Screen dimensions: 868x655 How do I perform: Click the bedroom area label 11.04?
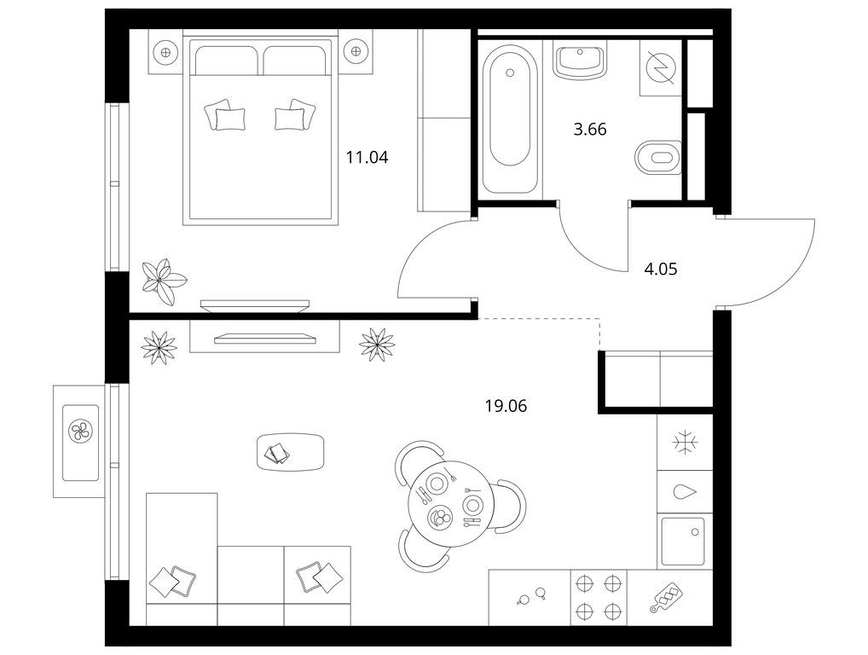(x=367, y=158)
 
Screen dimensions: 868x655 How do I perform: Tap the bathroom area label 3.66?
(x=590, y=130)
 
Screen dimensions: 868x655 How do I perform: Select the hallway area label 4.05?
(x=661, y=270)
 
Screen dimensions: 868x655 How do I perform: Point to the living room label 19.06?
(x=506, y=407)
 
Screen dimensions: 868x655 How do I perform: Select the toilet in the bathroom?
(x=657, y=157)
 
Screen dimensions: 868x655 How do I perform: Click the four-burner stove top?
(x=599, y=597)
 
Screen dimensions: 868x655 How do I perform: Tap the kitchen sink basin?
(x=683, y=541)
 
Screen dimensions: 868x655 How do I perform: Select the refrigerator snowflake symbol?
(x=685, y=443)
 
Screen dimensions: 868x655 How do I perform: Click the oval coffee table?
(x=291, y=452)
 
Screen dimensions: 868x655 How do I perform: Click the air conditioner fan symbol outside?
(x=81, y=432)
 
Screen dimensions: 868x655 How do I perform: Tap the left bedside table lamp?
(x=165, y=52)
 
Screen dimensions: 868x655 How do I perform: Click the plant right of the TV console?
(x=377, y=345)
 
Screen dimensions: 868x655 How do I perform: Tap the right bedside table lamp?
(x=356, y=52)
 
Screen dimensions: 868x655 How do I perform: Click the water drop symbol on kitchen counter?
(x=685, y=492)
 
